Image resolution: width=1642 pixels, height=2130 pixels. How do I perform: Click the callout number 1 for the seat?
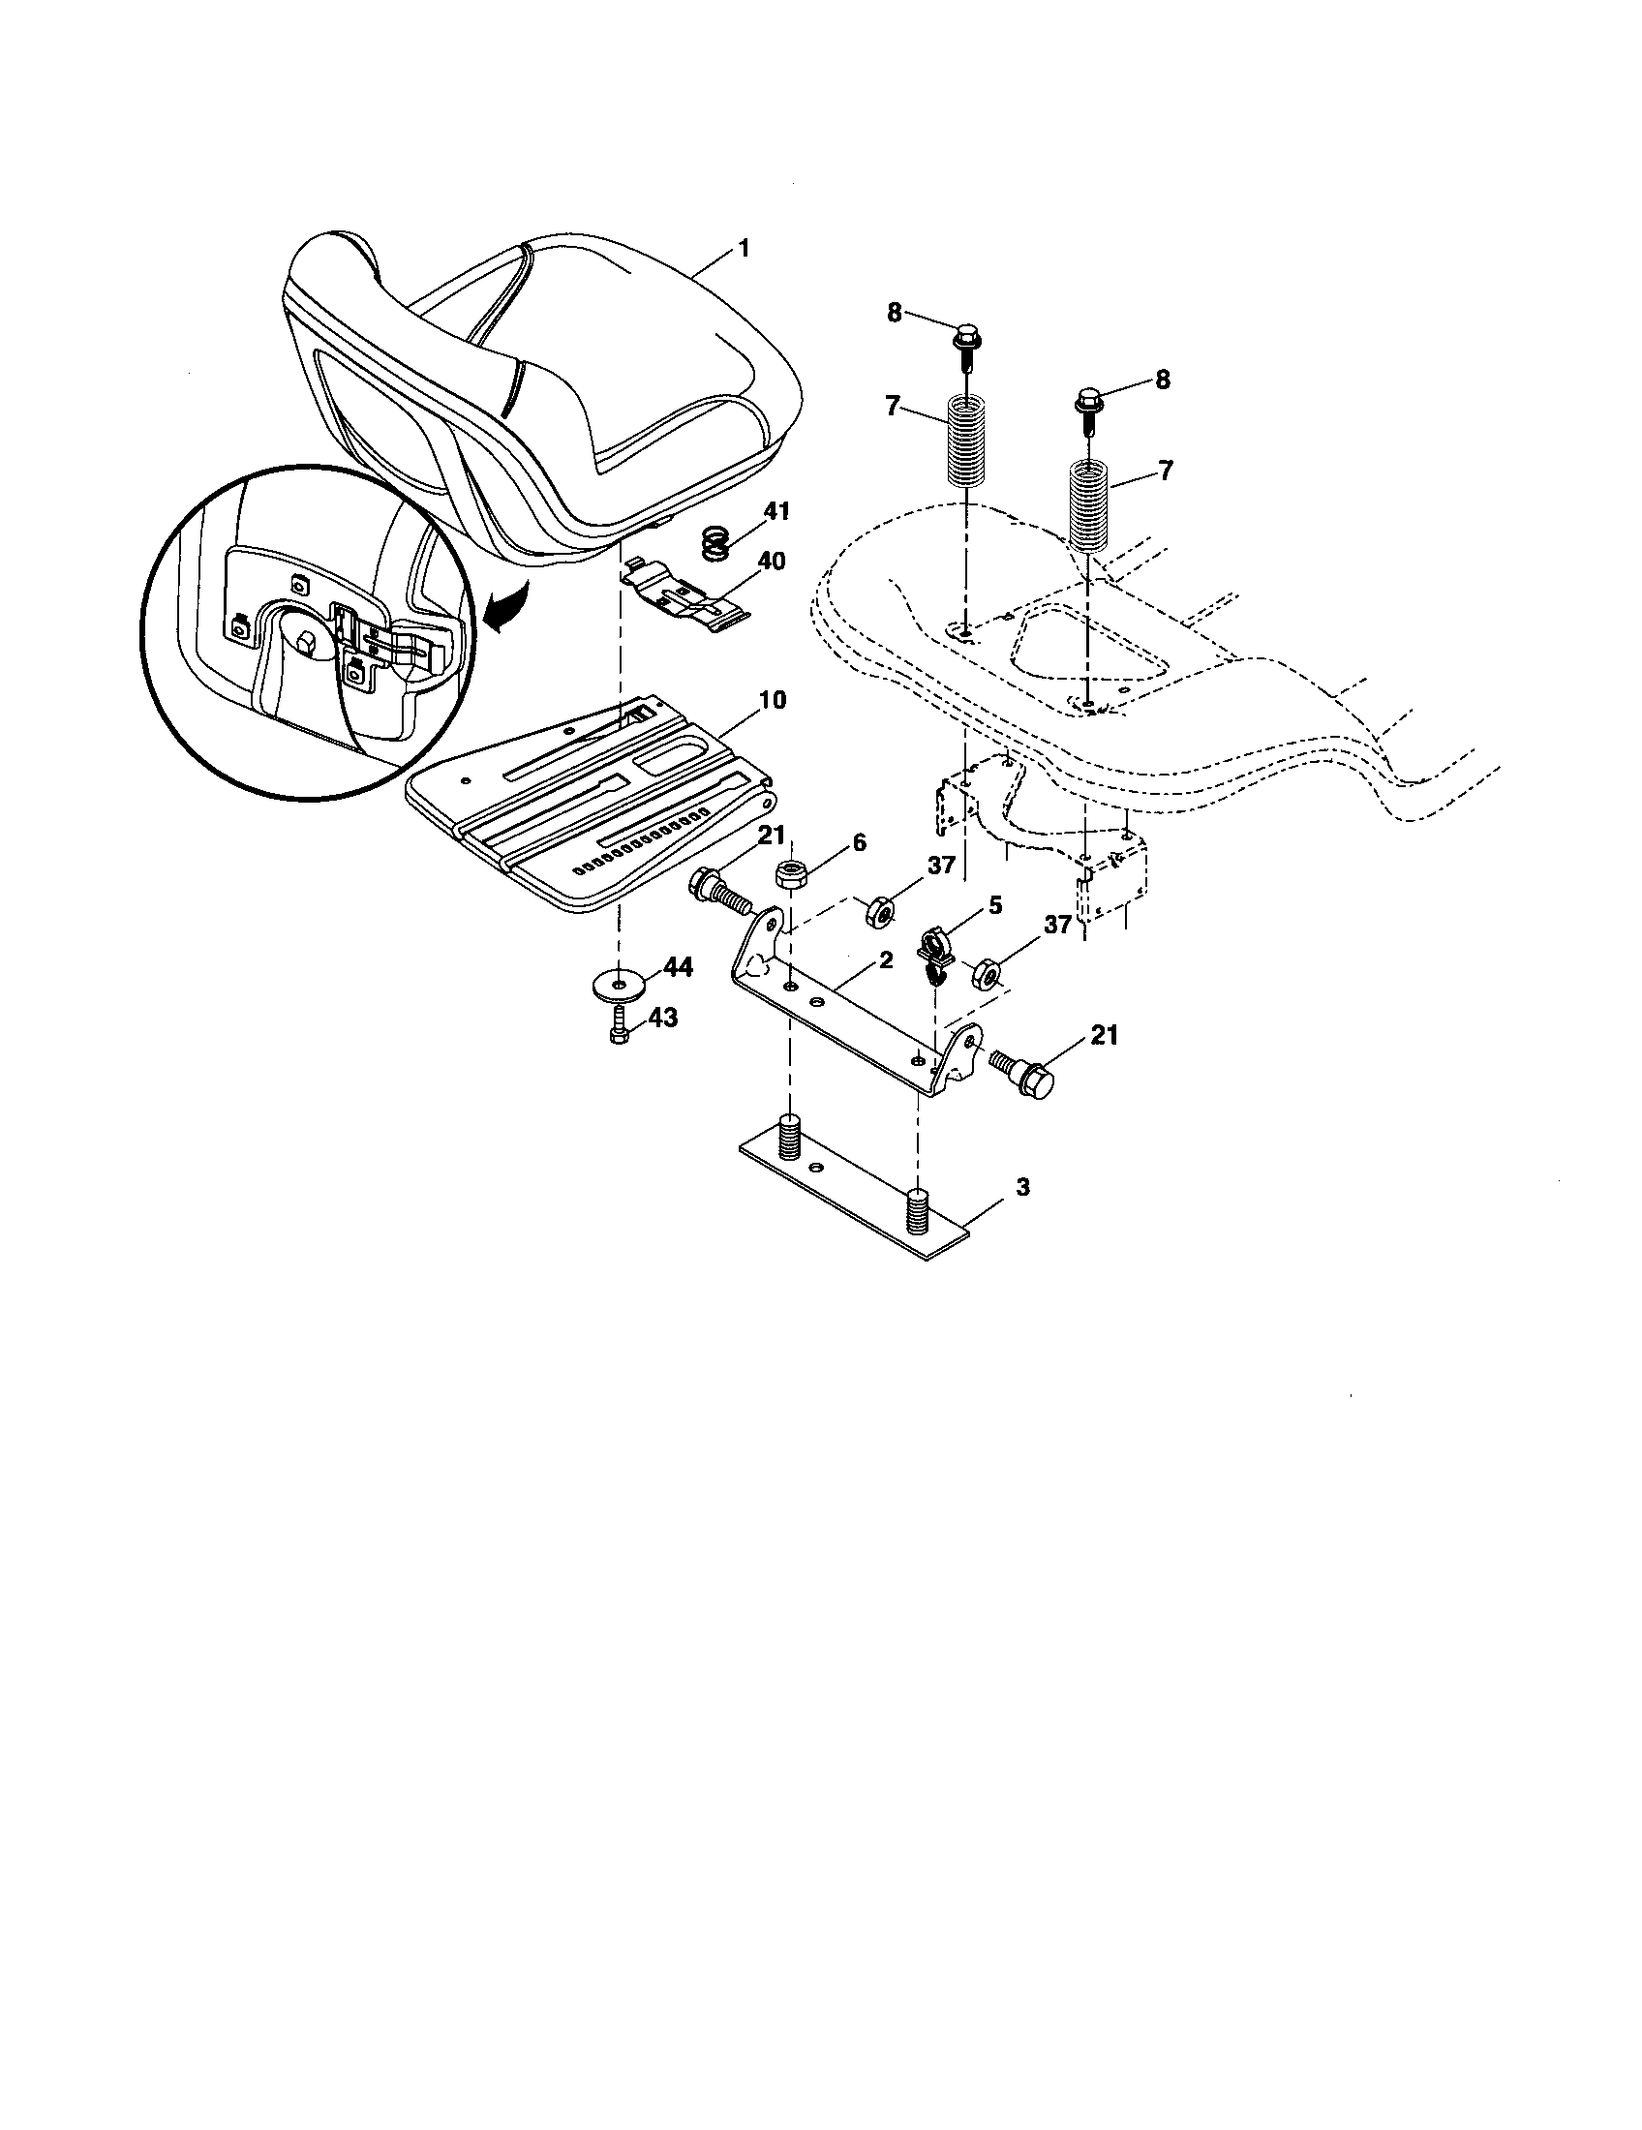(x=744, y=249)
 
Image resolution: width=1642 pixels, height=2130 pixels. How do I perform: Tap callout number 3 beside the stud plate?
(x=994, y=1187)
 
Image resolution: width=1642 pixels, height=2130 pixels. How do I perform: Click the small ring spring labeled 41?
(x=716, y=542)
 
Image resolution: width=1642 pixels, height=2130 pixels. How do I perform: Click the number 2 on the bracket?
(x=885, y=959)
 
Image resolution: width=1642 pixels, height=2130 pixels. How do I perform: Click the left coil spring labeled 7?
(x=965, y=437)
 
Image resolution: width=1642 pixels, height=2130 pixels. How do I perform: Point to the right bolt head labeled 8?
(x=1089, y=401)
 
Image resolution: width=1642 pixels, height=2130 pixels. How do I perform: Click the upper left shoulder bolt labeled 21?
(x=716, y=890)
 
